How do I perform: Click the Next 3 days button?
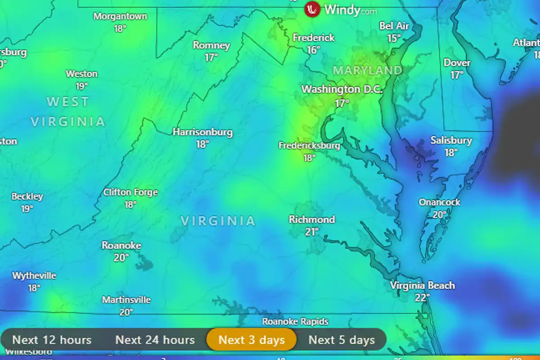[252, 340]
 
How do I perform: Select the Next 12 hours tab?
[52, 340]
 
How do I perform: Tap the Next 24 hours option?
[155, 340]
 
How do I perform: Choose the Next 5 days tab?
[342, 340]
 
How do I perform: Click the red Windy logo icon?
[312, 9]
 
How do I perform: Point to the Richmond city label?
[312, 220]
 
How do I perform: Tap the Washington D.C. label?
[342, 89]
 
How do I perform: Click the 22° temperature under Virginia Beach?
[422, 297]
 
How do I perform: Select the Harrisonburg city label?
[202, 132]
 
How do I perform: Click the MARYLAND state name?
[368, 70]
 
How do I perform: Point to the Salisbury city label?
[451, 140]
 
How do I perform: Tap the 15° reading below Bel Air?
[394, 38]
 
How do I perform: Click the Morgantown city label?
[120, 17]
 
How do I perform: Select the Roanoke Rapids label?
[295, 321]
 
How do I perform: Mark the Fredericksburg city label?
[309, 146]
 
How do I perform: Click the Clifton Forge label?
[130, 193]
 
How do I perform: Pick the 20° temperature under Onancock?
[439, 215]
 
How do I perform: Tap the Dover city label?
[457, 63]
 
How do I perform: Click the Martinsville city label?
[126, 300]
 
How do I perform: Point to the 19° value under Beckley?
[27, 209]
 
